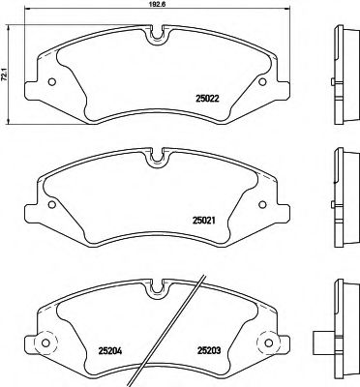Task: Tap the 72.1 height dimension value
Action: tap(6, 74)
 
